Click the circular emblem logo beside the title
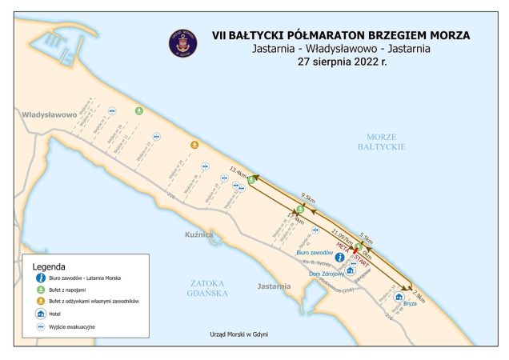pos(182,43)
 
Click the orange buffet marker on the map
pos(194,145)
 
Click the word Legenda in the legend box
pos(49,266)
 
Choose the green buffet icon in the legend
pos(38,290)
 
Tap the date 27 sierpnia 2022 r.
pos(340,62)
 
